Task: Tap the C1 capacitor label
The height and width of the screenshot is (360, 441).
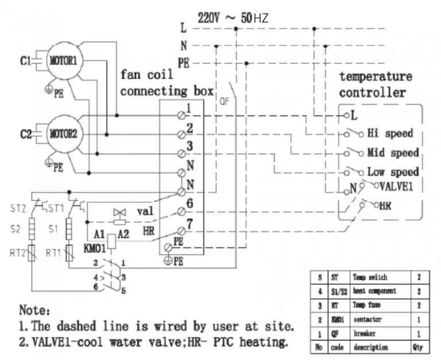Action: (26, 60)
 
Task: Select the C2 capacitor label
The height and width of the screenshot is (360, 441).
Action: (26, 135)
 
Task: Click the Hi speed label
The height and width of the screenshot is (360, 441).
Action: (390, 133)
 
